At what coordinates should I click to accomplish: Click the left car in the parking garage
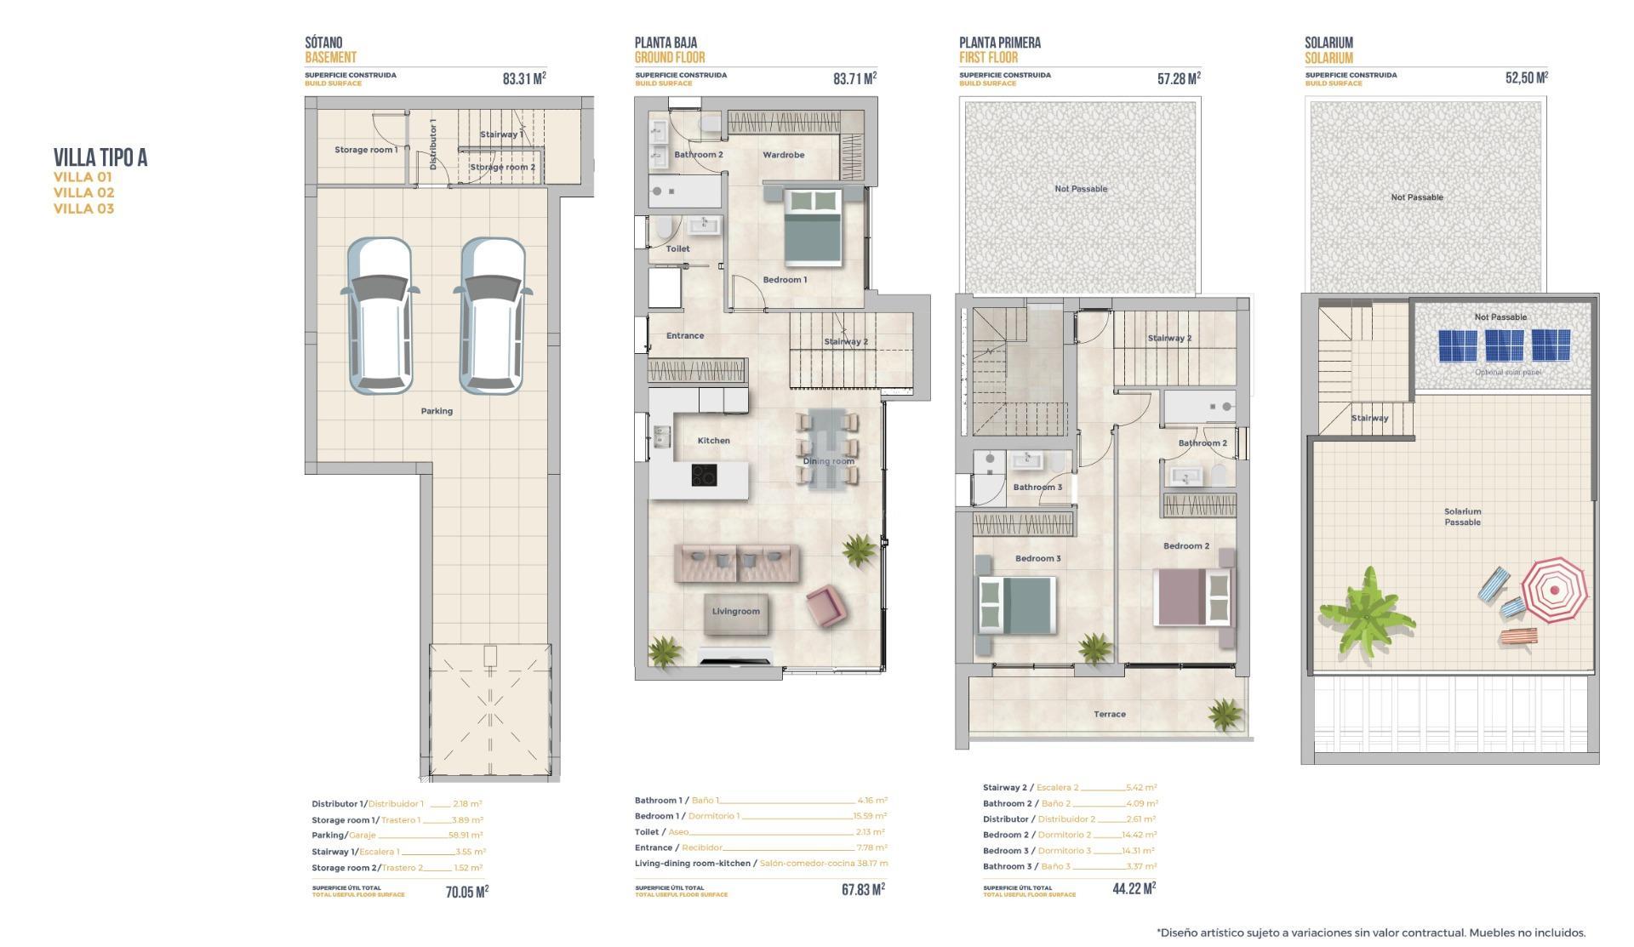click(x=380, y=316)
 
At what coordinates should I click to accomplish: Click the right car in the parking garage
click(x=492, y=316)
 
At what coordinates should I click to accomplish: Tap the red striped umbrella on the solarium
click(x=1554, y=590)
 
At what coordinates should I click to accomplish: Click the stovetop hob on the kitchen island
click(x=704, y=476)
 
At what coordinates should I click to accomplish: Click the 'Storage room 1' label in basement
click(x=365, y=150)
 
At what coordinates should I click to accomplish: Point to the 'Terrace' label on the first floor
click(x=1109, y=715)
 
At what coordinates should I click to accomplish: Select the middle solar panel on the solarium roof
click(x=1504, y=345)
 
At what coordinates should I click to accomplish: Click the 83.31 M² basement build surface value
click(x=523, y=78)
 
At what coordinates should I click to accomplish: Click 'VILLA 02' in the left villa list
click(x=83, y=193)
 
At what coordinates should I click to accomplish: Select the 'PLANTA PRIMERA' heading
click(x=999, y=43)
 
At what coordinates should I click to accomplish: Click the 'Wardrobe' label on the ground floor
click(x=783, y=155)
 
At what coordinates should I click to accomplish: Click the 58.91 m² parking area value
click(x=466, y=836)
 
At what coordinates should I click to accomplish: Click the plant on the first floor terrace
click(x=1225, y=713)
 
